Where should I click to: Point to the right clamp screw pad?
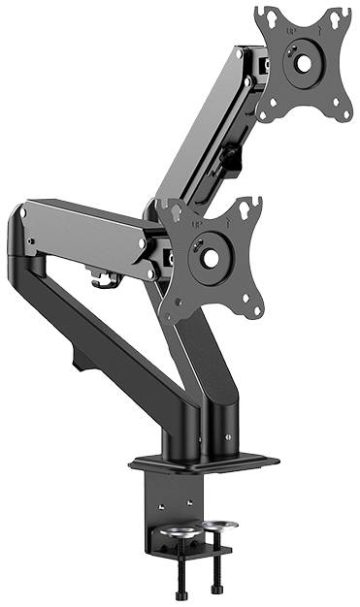tap(218, 527)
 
